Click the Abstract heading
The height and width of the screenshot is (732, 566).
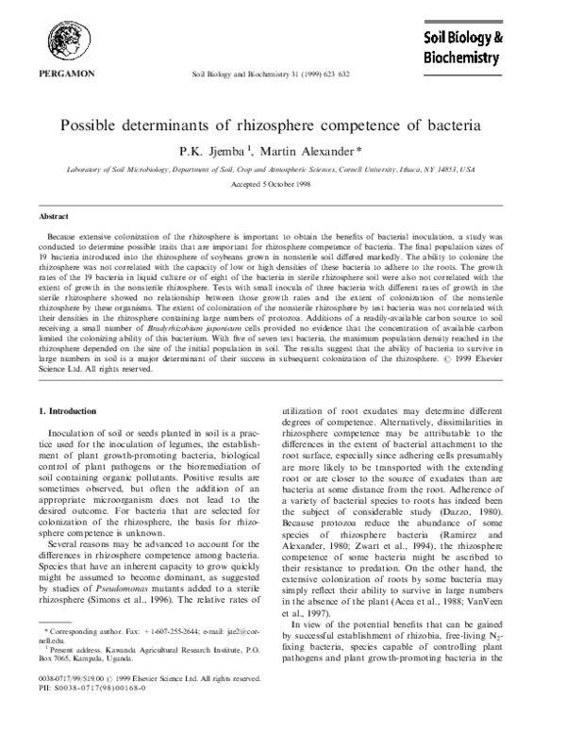tap(53, 216)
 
